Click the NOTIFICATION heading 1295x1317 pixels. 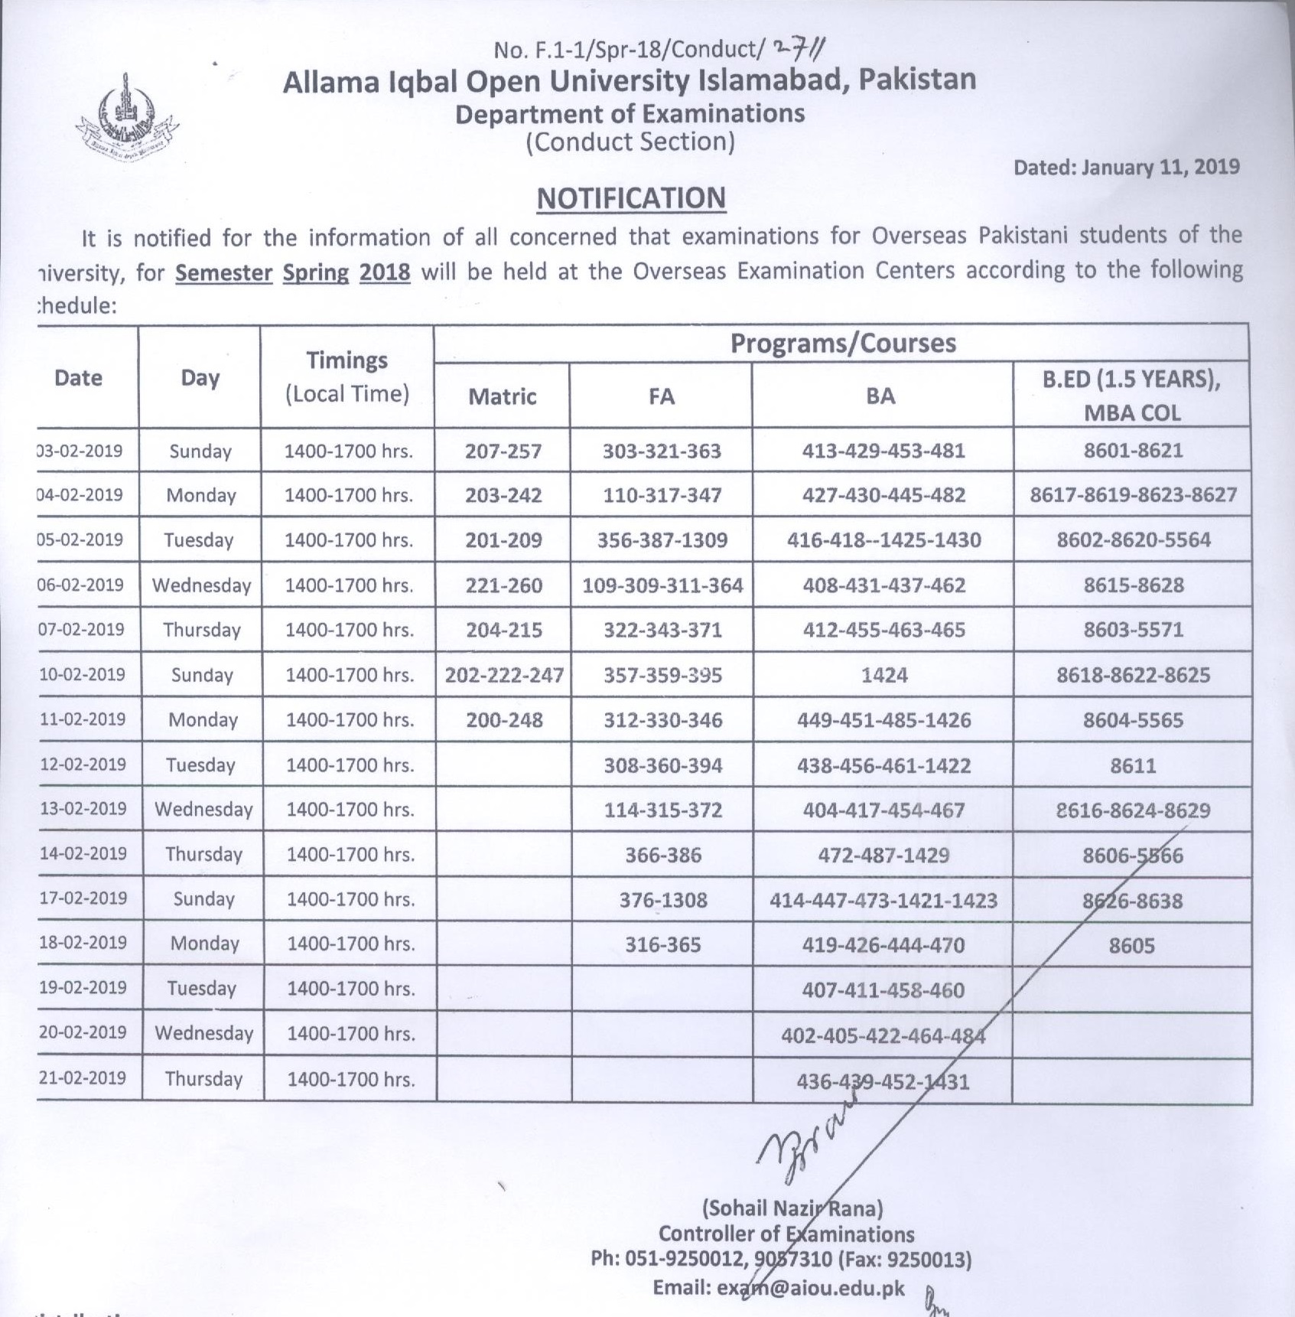point(631,198)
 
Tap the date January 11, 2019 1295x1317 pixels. point(1126,168)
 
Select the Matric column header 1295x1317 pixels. point(503,396)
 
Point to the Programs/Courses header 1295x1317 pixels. point(843,344)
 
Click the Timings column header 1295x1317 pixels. point(347,377)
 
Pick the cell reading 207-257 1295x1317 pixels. point(503,451)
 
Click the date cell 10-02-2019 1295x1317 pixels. point(83,674)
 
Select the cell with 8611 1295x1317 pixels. point(1133,765)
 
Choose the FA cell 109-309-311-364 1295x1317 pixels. point(662,585)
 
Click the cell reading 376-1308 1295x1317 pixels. point(663,900)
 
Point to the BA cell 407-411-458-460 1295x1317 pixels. point(883,990)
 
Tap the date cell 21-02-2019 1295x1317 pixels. point(83,1077)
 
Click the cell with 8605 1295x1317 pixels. point(1132,946)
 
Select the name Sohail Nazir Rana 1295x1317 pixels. point(792,1208)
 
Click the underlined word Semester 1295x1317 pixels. point(224,272)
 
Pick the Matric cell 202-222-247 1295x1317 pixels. point(505,675)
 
